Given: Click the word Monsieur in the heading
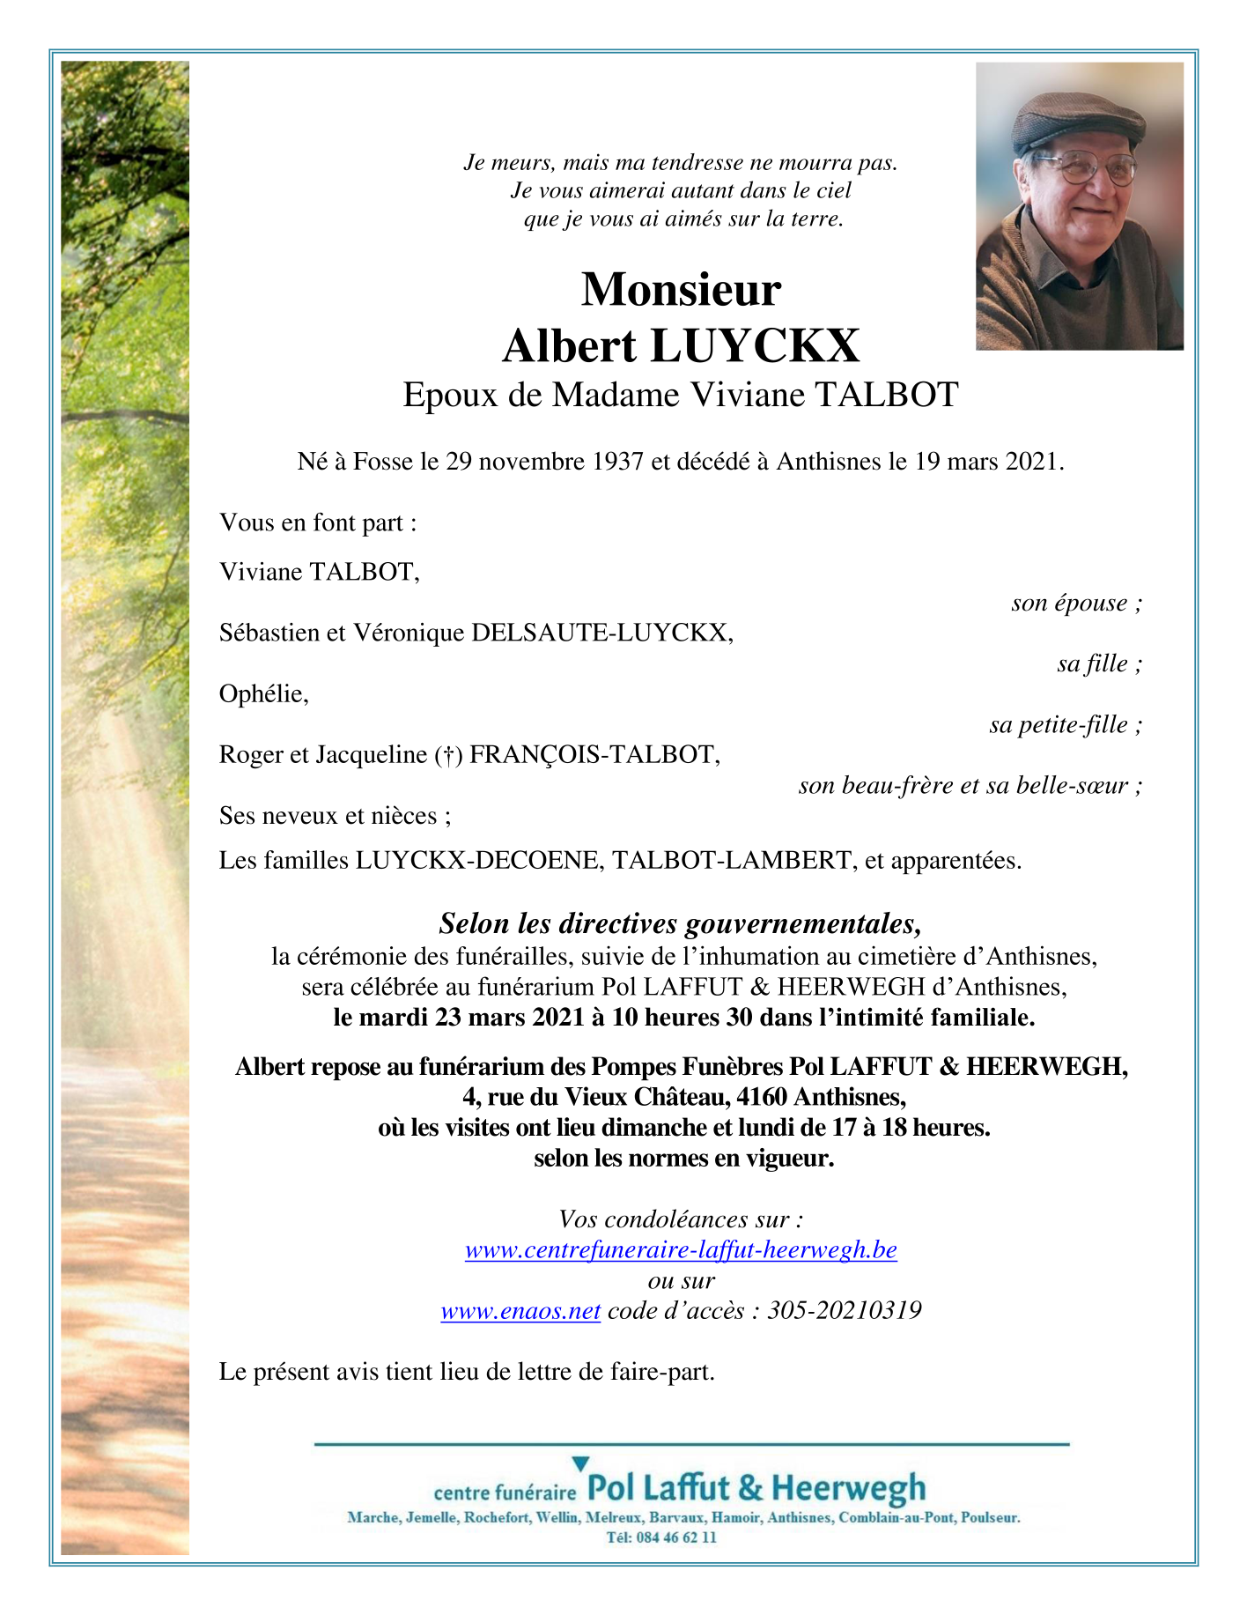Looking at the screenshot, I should pos(681,289).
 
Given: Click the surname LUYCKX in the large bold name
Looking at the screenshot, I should pos(755,345).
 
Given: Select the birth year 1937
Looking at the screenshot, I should pos(617,461).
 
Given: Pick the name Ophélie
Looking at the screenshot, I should pos(263,694).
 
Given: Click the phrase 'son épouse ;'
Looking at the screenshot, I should pos(1076,603).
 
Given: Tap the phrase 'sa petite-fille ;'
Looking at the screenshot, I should pos(1066,724).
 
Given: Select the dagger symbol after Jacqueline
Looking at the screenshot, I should pos(448,755).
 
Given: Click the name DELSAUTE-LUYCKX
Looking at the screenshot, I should pos(601,633).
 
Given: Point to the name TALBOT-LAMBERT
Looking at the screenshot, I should pos(732,860).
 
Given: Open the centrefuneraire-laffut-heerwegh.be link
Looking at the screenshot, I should pos(681,1249).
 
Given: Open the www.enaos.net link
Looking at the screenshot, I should pos(520,1311).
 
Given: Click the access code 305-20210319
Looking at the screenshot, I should pos(845,1311).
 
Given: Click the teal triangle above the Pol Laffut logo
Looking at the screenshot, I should pos(580,1463).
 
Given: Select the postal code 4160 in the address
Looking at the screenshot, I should pos(761,1097).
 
